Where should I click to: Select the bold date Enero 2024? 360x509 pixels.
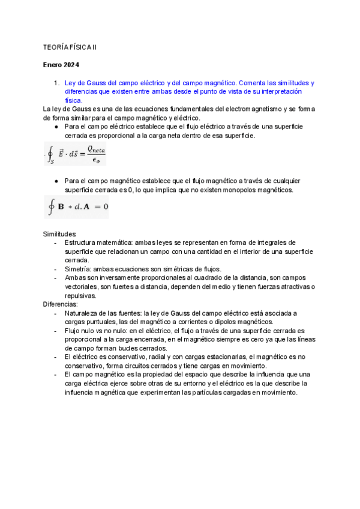coord(61,65)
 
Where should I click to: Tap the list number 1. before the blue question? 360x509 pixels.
coord(56,83)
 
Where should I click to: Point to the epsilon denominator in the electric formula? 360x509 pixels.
coord(95,160)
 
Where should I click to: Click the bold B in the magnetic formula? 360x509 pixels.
coord(61,207)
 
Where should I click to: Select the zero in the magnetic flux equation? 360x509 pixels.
coord(105,207)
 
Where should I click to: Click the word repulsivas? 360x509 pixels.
coord(81,295)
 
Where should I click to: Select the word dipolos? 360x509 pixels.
coord(214,322)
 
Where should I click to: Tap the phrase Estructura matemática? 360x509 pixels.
coord(99,243)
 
